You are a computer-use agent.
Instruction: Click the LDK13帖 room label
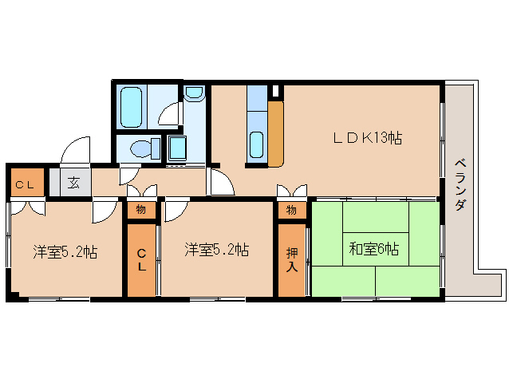(367, 138)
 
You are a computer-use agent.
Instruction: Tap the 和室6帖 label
(373, 249)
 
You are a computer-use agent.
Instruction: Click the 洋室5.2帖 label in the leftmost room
(65, 252)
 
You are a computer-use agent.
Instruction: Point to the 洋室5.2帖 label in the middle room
(216, 250)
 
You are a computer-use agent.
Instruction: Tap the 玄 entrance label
(73, 183)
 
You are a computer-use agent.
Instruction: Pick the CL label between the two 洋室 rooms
(142, 260)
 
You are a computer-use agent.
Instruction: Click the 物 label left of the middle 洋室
(141, 210)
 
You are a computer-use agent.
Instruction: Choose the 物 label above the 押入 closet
(292, 210)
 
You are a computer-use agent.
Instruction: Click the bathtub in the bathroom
(132, 105)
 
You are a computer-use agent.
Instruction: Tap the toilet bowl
(144, 148)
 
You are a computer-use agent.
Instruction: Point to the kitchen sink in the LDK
(256, 144)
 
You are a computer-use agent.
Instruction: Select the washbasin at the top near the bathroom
(194, 95)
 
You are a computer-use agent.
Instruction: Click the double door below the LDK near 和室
(292, 191)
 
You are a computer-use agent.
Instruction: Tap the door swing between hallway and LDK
(222, 181)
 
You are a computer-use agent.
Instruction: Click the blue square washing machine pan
(177, 148)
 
